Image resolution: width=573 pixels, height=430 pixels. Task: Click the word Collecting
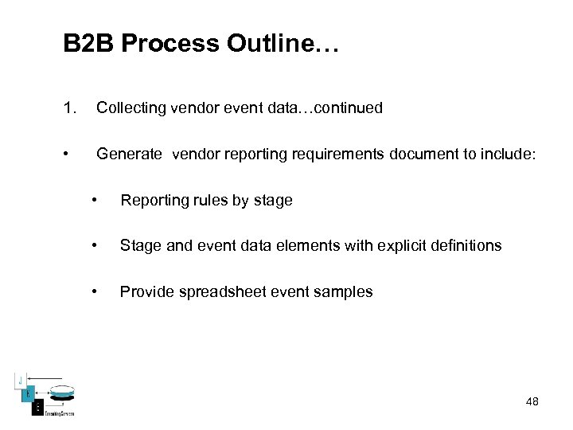coord(131,107)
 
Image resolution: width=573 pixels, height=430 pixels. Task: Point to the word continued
coord(349,107)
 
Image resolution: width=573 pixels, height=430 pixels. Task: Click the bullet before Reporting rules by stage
coord(95,200)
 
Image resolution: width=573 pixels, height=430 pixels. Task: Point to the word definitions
coord(466,245)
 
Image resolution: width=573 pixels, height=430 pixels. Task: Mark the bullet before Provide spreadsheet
coord(95,291)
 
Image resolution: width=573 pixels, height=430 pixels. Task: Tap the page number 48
coord(532,401)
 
